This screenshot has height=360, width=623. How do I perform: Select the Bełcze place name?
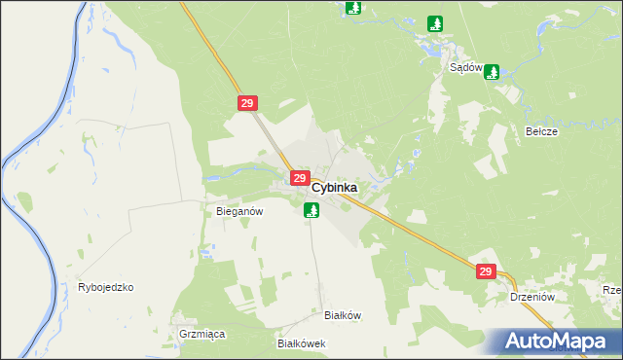pos(540,131)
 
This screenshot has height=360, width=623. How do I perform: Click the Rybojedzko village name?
pos(105,288)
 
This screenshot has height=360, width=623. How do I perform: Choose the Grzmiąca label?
pos(202,334)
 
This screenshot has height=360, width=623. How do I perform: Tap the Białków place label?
pos(343,315)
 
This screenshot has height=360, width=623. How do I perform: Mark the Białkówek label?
pos(301,344)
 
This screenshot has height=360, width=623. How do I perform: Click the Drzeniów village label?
pos(531,298)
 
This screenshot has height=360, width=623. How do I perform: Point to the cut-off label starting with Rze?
pos(612,290)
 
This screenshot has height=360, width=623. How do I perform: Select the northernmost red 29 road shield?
pos(245,102)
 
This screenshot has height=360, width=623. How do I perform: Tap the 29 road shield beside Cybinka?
pos(299,178)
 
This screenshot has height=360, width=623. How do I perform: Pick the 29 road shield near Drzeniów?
pos(487,272)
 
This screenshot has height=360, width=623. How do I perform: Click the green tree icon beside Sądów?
pos(492,71)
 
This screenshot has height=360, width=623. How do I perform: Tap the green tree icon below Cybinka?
pos(311,209)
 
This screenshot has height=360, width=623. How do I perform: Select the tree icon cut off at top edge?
pos(353,8)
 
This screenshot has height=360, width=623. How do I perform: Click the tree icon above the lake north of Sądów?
pos(435,23)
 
